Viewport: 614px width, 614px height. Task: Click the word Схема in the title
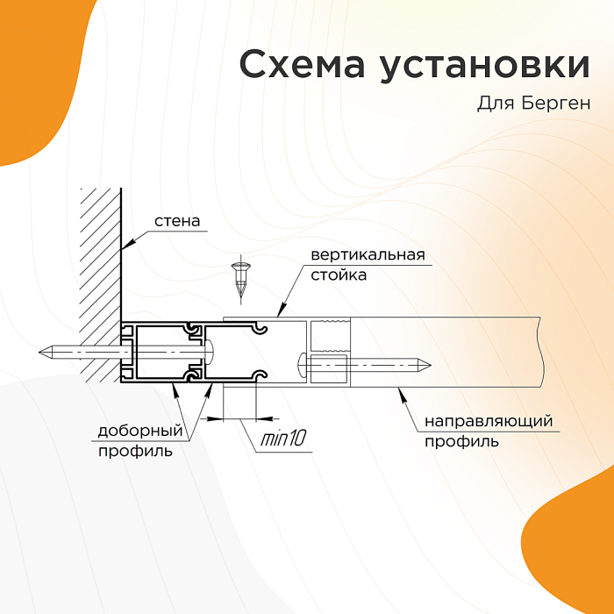click(x=302, y=64)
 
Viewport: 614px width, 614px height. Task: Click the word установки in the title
click(x=485, y=67)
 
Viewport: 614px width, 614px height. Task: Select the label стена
click(x=177, y=221)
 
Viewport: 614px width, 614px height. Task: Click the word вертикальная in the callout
click(x=368, y=255)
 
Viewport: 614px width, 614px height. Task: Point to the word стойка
click(x=339, y=275)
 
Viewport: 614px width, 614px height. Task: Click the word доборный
click(x=140, y=432)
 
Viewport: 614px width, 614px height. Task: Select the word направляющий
click(x=489, y=422)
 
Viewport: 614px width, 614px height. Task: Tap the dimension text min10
click(x=282, y=439)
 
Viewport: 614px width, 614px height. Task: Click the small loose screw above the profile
click(x=239, y=279)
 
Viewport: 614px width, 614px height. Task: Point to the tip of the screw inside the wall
click(x=40, y=352)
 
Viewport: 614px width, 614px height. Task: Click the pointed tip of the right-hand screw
click(x=430, y=366)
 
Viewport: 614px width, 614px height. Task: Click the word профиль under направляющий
click(x=462, y=442)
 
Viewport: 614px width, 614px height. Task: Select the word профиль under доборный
click(x=135, y=452)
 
